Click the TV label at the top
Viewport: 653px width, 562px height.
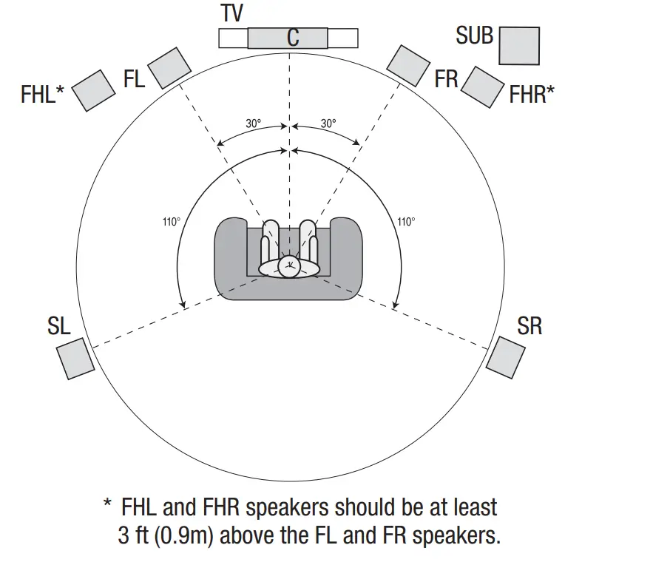click(232, 13)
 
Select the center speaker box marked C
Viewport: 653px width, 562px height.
click(288, 38)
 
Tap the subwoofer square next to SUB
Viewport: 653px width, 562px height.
click(518, 45)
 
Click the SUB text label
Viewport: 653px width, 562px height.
click(474, 35)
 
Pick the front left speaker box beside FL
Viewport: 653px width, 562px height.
click(169, 67)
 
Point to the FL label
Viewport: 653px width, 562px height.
click(134, 79)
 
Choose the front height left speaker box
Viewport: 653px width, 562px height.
click(93, 90)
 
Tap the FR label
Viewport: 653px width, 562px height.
click(447, 79)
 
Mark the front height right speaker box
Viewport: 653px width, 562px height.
click(483, 87)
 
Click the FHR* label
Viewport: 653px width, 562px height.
click(532, 94)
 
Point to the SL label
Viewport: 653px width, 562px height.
click(59, 326)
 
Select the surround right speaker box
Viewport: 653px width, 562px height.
click(510, 357)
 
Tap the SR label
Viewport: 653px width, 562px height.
click(529, 326)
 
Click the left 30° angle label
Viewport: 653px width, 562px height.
click(254, 123)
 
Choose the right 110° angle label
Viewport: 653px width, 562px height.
click(406, 221)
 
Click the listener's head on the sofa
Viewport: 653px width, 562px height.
click(289, 267)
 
